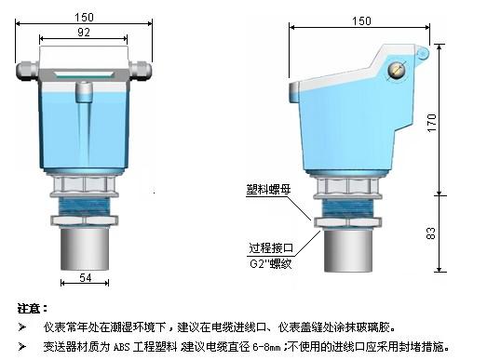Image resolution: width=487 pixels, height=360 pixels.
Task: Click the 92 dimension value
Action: tap(84, 33)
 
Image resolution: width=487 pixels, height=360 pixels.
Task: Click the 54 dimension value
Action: tap(86, 277)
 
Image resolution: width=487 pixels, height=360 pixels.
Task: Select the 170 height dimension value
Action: tap(432, 123)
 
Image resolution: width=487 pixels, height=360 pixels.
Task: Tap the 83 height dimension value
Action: tap(431, 233)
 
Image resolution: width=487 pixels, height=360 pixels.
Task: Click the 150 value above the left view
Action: tap(84, 18)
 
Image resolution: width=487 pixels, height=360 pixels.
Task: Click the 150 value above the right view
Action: tap(361, 21)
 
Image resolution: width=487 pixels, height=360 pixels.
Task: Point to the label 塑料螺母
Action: tap(269, 190)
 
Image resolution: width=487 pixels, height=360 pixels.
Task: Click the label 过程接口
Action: tap(271, 248)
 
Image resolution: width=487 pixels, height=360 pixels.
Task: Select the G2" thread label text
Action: tap(271, 264)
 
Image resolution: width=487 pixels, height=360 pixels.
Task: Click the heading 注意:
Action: tap(33, 309)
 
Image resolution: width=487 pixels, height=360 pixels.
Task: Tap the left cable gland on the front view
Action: tap(27, 72)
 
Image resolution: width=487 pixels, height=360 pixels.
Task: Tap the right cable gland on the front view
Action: tap(141, 70)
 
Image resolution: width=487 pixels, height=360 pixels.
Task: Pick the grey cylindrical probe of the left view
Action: tap(85, 249)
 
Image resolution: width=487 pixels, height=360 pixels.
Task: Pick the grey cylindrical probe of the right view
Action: tap(348, 251)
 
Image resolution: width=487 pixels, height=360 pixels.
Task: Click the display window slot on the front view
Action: tap(84, 74)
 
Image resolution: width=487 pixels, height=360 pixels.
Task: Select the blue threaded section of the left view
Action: tap(84, 207)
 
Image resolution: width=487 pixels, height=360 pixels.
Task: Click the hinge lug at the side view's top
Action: tap(423, 54)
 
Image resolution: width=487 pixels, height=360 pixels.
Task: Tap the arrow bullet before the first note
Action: tap(22, 327)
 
